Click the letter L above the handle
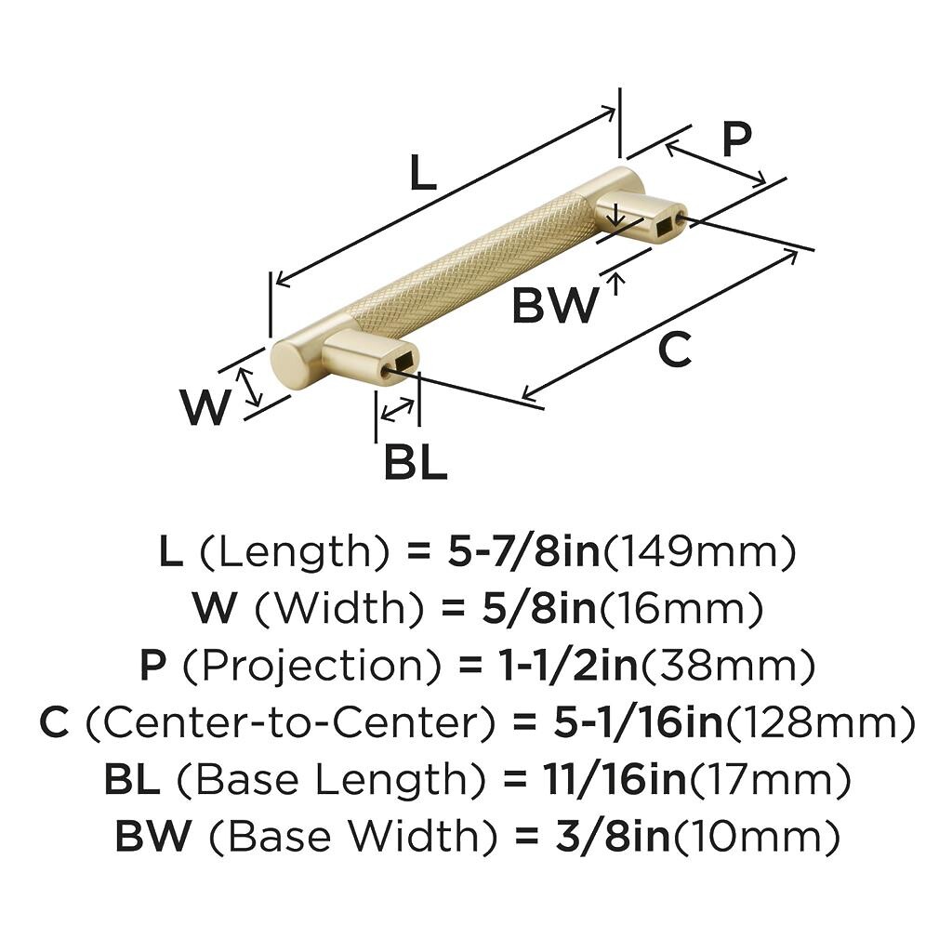tap(423, 173)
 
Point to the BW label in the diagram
tap(554, 305)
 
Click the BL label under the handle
tap(416, 461)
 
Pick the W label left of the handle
tap(205, 407)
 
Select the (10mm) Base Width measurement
tap(757, 837)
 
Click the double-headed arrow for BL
tap(398, 408)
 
